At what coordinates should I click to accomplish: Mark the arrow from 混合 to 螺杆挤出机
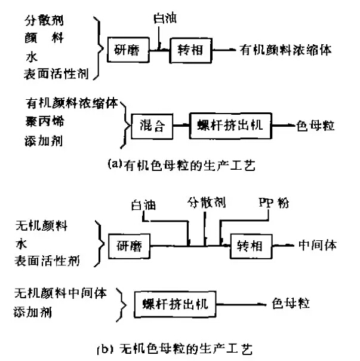(181, 126)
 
